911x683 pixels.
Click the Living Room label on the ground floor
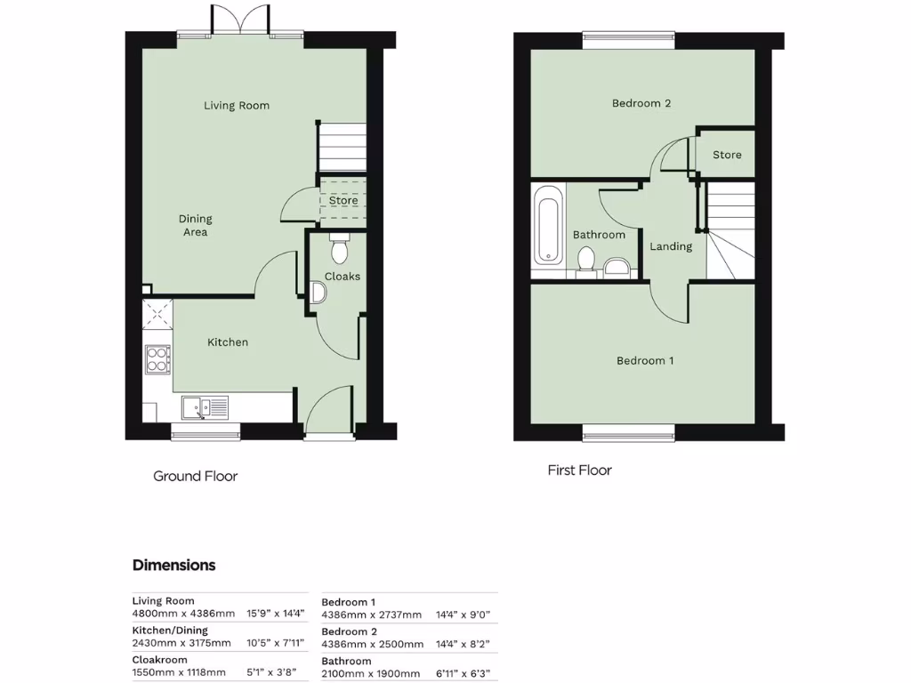(237, 106)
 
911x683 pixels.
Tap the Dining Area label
(195, 226)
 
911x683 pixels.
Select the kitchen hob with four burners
(158, 358)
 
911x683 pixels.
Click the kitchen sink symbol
(205, 407)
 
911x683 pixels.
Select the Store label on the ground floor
(343, 201)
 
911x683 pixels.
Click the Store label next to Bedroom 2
(727, 155)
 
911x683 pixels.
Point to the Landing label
(671, 246)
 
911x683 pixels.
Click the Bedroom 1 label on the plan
(645, 361)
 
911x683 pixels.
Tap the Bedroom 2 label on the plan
(641, 103)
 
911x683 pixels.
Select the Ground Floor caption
(196, 477)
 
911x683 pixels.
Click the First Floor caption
(580, 470)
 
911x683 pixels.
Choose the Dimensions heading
(174, 565)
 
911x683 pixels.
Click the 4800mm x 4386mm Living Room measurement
(183, 614)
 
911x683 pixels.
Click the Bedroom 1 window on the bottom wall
(628, 433)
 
